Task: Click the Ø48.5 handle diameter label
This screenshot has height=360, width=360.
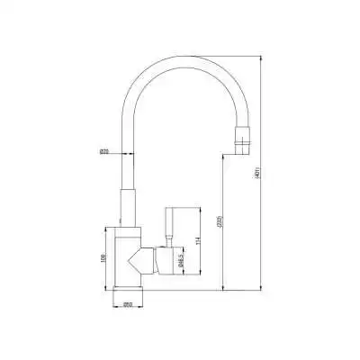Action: [183, 262]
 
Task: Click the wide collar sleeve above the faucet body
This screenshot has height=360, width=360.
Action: [127, 208]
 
